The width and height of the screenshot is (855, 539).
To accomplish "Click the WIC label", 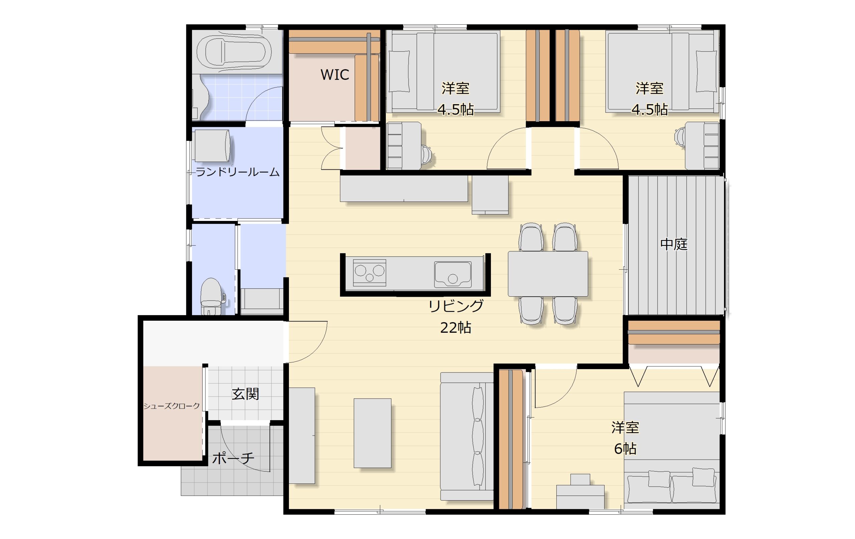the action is (335, 74).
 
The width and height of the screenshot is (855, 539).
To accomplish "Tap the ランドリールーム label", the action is (237, 172).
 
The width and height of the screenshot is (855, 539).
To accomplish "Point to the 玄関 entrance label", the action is (245, 394).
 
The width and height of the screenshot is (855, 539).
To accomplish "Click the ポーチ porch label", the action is (233, 458).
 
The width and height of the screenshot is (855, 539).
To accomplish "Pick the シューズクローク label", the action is (171, 406).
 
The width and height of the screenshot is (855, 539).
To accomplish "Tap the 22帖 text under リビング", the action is (456, 327).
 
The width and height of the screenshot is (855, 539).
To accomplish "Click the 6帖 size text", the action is (625, 449).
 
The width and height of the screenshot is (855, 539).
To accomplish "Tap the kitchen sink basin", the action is (453, 274).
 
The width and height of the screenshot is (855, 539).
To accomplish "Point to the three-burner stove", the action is (369, 273).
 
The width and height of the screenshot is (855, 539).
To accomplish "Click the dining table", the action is (548, 274).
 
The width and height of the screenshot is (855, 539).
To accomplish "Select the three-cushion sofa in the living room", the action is (467, 437).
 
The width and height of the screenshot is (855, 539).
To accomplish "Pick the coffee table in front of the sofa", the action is (372, 433).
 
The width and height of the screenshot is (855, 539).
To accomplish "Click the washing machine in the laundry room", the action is (212, 146).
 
